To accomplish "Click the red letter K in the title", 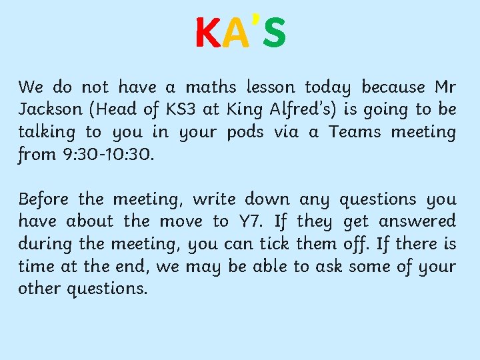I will click(207, 33).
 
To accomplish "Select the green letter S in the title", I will click(274, 33).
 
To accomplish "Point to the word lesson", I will click(270, 87).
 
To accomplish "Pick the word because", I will click(393, 87).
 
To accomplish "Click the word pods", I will click(245, 132).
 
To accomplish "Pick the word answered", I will click(415, 221).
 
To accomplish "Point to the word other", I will click(38, 289).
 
